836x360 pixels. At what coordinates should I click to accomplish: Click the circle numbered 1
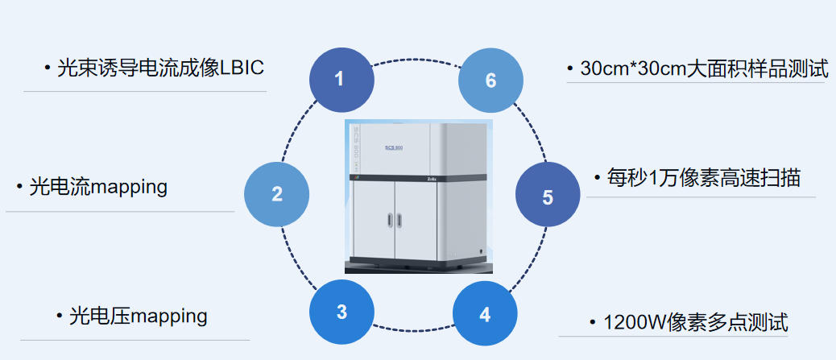click(341, 79)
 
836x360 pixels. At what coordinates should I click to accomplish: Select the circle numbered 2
click(277, 194)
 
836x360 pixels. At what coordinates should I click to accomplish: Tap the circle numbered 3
click(341, 312)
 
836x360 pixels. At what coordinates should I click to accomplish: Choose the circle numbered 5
click(548, 197)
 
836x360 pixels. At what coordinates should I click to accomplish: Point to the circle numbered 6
click(490, 81)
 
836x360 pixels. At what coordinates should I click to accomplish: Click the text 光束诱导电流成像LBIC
click(160, 68)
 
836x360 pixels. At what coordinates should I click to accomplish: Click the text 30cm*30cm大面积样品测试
click(704, 68)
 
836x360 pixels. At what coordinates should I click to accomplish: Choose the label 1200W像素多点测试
click(696, 323)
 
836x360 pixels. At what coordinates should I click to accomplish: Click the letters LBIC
click(242, 68)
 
